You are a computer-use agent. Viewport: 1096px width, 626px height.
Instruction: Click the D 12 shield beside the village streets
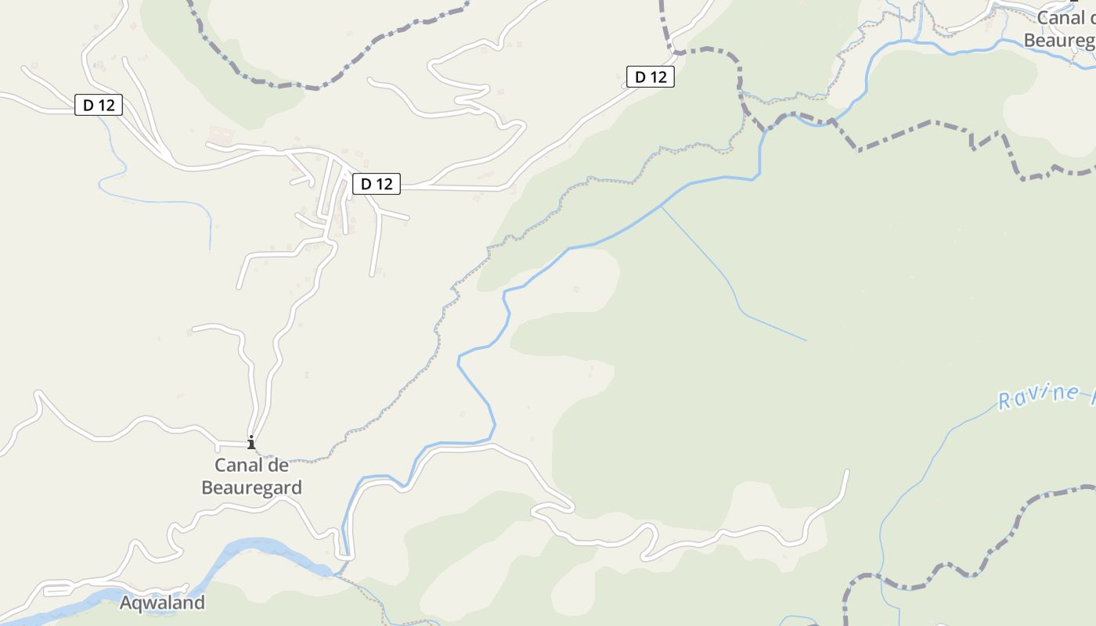[377, 184]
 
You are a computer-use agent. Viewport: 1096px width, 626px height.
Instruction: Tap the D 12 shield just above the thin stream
[99, 105]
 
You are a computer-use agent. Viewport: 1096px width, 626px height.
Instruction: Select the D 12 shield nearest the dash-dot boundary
[651, 77]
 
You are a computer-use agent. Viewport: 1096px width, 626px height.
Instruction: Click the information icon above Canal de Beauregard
[251, 443]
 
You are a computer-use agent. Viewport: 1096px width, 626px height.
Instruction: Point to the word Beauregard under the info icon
[251, 487]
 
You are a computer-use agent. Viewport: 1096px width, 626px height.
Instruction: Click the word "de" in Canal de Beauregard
[278, 466]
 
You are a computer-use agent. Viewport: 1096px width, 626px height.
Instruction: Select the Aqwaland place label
[162, 603]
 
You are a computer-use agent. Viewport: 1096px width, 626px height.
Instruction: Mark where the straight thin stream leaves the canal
[662, 206]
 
